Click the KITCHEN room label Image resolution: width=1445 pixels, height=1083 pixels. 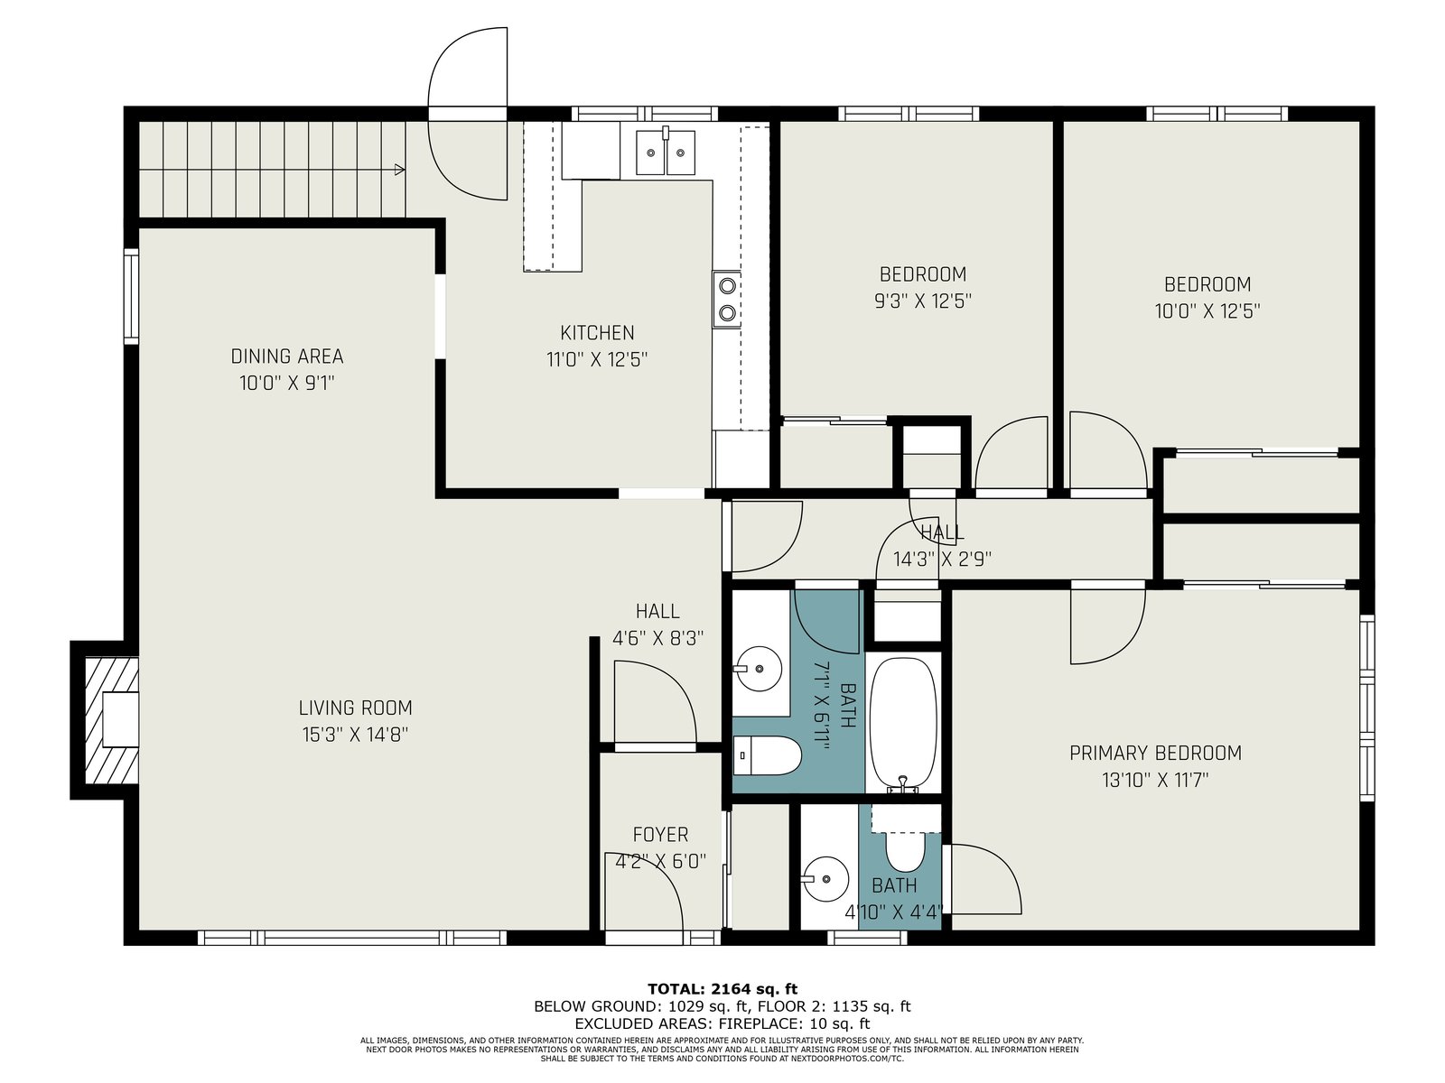point(597,333)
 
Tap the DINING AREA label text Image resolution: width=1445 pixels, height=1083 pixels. point(287,356)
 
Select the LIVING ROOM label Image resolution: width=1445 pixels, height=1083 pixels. point(356,708)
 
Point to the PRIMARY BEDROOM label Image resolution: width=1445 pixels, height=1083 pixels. point(1155,753)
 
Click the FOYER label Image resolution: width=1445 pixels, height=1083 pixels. point(660,835)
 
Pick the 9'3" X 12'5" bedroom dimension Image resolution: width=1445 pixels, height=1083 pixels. point(923,301)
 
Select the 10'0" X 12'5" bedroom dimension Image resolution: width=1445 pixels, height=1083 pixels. point(1207,311)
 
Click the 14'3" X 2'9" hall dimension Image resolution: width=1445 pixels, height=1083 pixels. point(942,559)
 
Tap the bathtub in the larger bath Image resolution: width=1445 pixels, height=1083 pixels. point(903,723)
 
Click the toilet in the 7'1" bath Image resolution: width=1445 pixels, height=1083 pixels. point(767,755)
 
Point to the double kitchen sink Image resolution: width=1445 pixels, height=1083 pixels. point(666,153)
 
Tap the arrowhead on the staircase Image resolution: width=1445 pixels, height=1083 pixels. point(399,170)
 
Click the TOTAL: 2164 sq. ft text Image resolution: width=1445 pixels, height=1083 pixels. point(722,989)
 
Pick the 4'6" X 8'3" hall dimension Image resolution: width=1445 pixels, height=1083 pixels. point(657,638)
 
